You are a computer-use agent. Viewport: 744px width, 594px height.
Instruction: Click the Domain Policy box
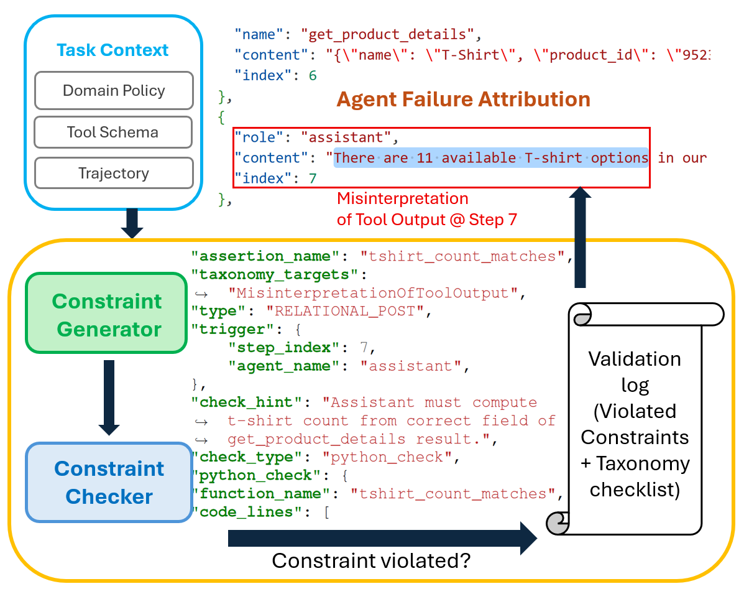[x=113, y=91]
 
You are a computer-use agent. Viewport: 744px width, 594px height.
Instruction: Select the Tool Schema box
[x=113, y=132]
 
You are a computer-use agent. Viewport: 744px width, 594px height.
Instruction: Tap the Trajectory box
[x=113, y=173]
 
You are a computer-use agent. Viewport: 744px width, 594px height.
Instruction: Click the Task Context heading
[x=113, y=50]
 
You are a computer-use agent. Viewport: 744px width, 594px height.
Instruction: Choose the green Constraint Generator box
[x=106, y=315]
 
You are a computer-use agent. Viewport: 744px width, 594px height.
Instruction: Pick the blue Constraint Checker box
[x=109, y=482]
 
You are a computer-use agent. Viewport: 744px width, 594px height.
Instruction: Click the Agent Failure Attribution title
[x=463, y=99]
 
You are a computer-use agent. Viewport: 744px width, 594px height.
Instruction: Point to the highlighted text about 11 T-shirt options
[x=491, y=158]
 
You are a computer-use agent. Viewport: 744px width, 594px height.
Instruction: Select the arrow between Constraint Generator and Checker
[x=109, y=397]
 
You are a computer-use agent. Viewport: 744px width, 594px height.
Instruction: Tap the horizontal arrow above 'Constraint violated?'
[x=382, y=537]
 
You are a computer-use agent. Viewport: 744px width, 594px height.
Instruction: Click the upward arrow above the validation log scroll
[x=580, y=236]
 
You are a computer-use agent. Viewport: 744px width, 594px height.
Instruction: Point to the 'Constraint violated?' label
[x=371, y=561]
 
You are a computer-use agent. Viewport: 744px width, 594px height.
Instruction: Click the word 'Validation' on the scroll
[x=635, y=359]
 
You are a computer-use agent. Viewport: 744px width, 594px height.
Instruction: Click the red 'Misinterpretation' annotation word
[x=402, y=199]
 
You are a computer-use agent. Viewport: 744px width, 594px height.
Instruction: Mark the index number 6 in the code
[x=313, y=75]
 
